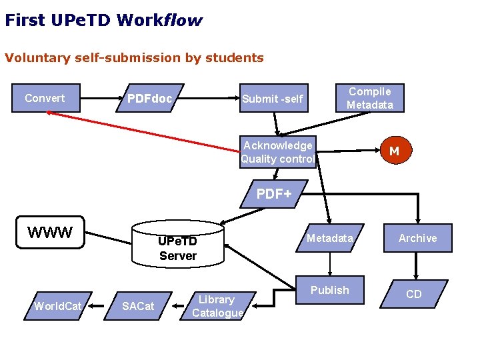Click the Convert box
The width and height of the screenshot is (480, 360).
tap(45, 99)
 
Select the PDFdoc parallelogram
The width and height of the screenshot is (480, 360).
tap(149, 99)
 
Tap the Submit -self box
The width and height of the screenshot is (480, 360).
tap(273, 99)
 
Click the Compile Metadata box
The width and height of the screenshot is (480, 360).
tap(370, 98)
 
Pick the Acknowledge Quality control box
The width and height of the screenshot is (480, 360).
tap(277, 152)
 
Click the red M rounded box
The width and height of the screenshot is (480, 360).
tap(394, 151)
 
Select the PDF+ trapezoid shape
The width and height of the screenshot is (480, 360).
tap(274, 194)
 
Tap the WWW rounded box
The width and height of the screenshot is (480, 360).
tap(50, 233)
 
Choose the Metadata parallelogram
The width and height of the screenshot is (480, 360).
tap(329, 238)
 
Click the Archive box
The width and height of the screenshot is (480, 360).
tap(417, 238)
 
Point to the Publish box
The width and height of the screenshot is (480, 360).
tap(329, 291)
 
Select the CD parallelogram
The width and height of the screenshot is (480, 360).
tap(413, 294)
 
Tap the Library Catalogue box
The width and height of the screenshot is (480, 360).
tap(217, 306)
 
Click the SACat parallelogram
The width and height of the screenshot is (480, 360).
tap(137, 306)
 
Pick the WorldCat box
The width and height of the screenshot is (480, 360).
tap(58, 306)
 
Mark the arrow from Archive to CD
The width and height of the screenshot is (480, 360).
tap(417, 266)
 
